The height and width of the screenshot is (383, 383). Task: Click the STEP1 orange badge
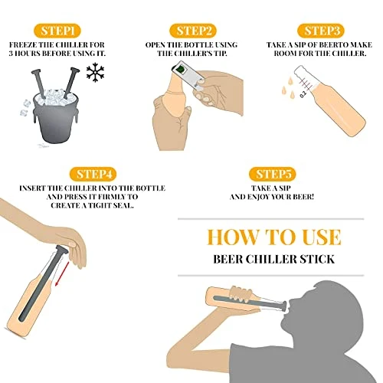point(57,31)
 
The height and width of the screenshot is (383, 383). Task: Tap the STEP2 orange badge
point(193,31)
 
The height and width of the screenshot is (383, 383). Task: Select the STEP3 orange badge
point(321,31)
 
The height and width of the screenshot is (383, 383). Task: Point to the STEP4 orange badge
point(93,174)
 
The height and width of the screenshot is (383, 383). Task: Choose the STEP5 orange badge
point(273,174)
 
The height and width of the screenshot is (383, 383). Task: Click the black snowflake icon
point(95,72)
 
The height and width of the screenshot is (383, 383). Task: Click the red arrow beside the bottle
point(62,273)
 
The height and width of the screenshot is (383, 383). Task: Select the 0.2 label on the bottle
point(303,94)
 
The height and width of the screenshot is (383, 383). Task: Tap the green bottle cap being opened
point(180,69)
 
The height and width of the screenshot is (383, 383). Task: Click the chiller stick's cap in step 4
point(62,250)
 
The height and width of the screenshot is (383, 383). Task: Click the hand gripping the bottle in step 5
point(241,294)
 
